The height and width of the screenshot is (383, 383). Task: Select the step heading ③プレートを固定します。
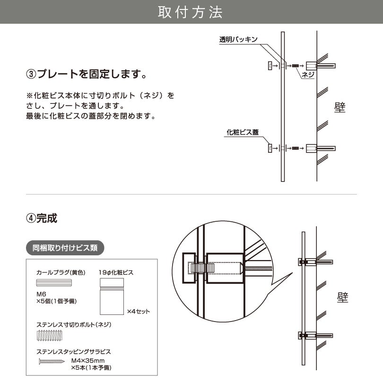tap(85, 74)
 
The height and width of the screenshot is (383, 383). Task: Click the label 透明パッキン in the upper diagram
tap(238, 40)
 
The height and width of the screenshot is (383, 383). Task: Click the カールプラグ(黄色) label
tap(60, 273)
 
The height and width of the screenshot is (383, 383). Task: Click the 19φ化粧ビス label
tap(116, 273)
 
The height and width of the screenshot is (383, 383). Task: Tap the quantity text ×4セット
tap(139, 312)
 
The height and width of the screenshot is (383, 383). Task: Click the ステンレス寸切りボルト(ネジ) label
tap(73, 325)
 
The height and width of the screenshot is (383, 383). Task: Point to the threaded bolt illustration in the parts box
tap(49, 336)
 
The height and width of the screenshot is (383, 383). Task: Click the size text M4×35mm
tap(87, 360)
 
